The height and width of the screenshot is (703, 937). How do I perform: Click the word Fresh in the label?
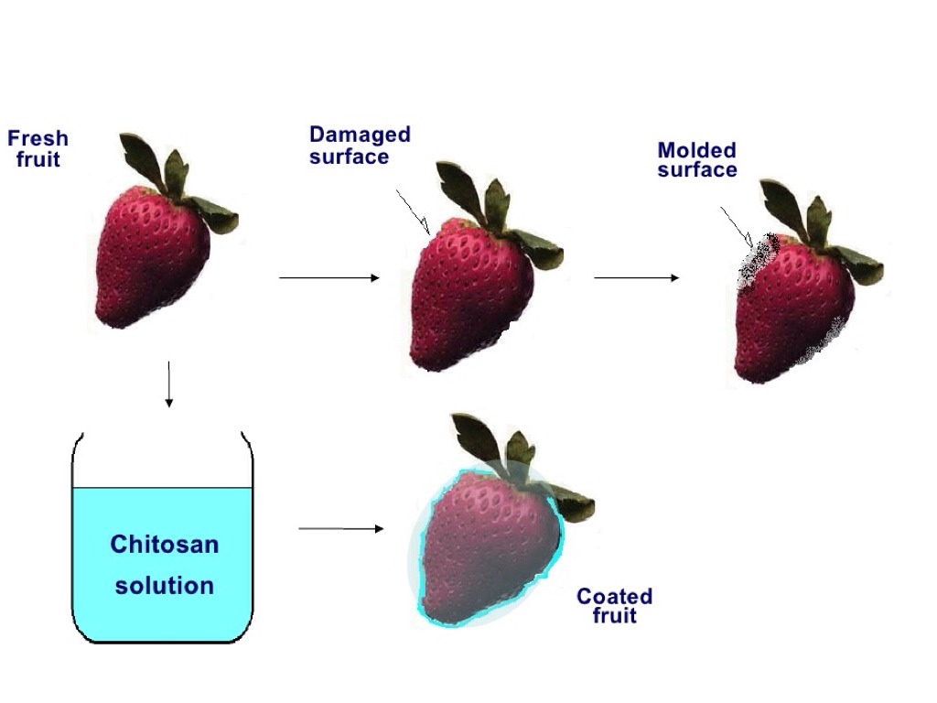pyautogui.click(x=38, y=139)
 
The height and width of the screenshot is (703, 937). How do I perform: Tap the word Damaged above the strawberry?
pyautogui.click(x=360, y=135)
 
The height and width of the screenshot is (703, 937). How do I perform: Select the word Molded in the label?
pyautogui.click(x=696, y=150)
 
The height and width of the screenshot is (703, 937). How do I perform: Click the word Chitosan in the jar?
pyautogui.click(x=165, y=545)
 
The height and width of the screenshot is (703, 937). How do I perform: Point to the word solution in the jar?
pyautogui.click(x=165, y=585)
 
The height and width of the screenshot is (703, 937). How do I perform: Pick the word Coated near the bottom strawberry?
pyautogui.click(x=614, y=597)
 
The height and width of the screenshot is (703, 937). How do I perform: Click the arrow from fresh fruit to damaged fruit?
pyautogui.click(x=328, y=277)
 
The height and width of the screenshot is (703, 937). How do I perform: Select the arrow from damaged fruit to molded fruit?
pyautogui.click(x=637, y=277)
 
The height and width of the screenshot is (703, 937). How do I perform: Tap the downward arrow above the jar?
pyautogui.click(x=168, y=384)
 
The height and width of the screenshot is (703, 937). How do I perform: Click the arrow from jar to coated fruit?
pyautogui.click(x=341, y=528)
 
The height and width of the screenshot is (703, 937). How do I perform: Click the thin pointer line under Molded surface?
pyautogui.click(x=736, y=225)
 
